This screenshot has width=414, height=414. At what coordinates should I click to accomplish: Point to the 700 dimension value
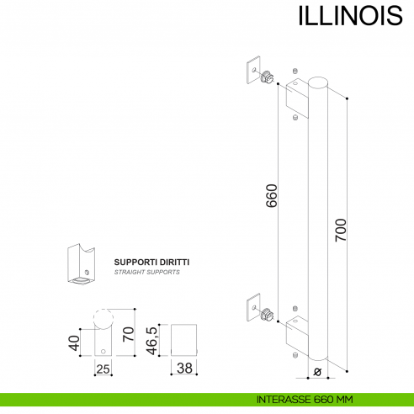point(340,231)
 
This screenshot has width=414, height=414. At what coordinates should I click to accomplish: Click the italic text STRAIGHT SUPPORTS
point(146,273)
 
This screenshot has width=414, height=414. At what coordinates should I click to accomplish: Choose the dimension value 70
point(129,334)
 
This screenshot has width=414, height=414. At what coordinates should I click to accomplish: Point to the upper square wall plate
point(252,71)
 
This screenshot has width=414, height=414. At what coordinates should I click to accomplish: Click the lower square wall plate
point(252,307)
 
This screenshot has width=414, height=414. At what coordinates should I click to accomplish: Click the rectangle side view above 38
point(183,338)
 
